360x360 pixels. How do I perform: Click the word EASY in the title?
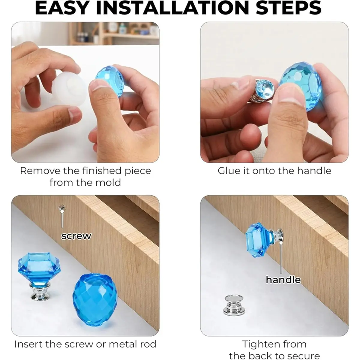coord(62,8)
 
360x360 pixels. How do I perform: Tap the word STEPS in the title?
coord(288,8)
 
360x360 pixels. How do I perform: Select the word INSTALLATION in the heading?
coord(172,8)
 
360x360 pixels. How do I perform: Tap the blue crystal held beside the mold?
coord(110,80)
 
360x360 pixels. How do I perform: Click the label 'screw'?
coord(76,236)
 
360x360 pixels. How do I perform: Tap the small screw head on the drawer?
coord(61,208)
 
